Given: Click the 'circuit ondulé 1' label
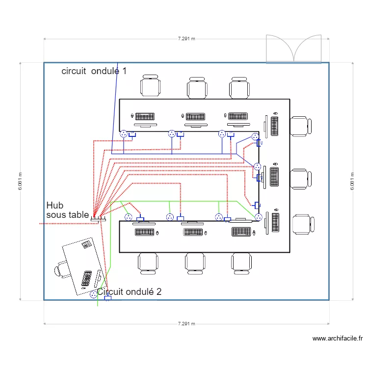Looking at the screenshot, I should coord(94,71).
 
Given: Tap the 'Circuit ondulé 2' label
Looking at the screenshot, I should coord(129,291).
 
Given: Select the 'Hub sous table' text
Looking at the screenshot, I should coord(67,210).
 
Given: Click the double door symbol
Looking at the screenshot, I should coord(293,49).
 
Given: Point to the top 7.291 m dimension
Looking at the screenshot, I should coord(186,39).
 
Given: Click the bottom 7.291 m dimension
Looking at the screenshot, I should coord(186,323).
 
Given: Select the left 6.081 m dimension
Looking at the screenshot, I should coord(20,181).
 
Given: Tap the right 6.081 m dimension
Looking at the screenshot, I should coord(352,181).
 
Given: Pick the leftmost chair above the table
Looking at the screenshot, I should coord(150,86).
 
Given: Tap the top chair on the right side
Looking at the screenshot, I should coord(300,126).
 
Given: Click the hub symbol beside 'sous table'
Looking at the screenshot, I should coord(95,220).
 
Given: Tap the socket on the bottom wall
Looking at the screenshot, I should coord(94,295).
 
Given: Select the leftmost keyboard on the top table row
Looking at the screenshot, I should coord(145,116).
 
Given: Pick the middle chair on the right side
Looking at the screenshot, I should coord(300,179).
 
